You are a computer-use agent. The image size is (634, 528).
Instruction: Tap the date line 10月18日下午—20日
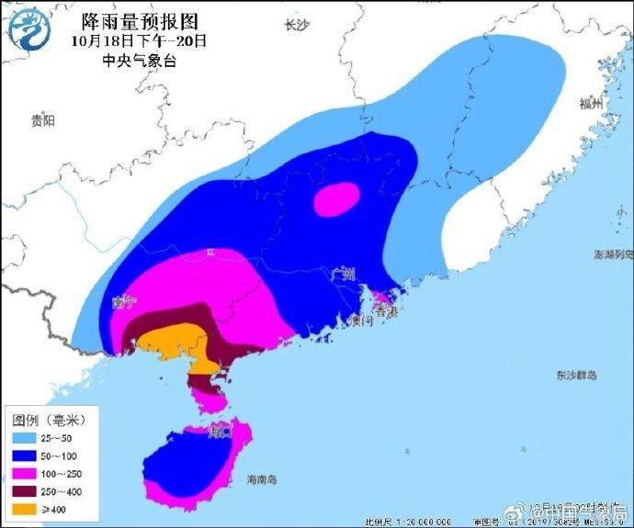point(139,40)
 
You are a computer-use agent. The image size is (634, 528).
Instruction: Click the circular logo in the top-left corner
point(28,28)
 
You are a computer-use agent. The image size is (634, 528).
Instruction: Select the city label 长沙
point(297,26)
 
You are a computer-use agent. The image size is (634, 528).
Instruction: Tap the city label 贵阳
point(42,120)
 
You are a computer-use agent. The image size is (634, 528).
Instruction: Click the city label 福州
point(592,104)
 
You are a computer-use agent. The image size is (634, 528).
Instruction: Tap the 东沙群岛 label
point(576,376)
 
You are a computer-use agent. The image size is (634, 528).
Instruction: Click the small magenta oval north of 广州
point(336,197)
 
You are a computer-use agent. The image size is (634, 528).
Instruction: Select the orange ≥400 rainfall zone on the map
point(170,342)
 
